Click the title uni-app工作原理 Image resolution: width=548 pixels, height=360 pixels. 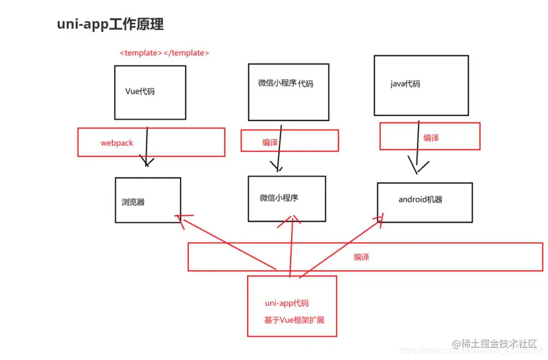tap(110, 24)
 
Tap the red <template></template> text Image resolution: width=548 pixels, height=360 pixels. tap(164, 53)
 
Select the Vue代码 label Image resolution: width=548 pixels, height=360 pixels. tap(140, 91)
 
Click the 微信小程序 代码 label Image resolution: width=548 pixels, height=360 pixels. tap(285, 83)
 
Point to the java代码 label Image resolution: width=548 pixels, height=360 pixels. tap(405, 83)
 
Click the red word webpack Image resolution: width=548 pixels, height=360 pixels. tap(117, 143)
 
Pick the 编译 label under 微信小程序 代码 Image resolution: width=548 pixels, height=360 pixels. tap(270, 142)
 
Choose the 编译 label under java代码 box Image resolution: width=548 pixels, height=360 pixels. tap(431, 138)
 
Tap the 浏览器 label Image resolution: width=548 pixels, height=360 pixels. tap(133, 202)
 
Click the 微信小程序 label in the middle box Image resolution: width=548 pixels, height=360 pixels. tap(279, 198)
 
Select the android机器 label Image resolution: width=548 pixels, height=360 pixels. tap(420, 200)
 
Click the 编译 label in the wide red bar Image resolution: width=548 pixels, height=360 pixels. tap(361, 257)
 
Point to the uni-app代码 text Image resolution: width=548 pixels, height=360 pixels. tap(286, 303)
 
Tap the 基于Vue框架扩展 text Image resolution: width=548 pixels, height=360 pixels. tap(294, 320)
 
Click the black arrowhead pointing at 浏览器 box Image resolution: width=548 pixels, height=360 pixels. tap(146, 162)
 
